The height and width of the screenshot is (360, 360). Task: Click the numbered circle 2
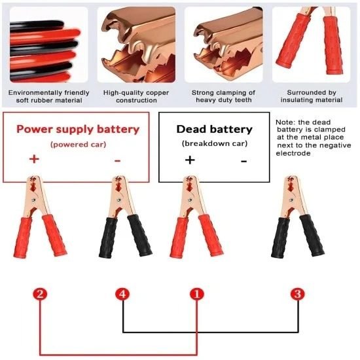(41, 294)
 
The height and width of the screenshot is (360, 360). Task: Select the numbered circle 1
(196, 294)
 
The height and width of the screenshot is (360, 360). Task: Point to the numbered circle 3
(298, 294)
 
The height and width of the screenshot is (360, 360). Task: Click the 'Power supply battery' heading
(78, 129)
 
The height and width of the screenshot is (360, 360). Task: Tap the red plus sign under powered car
(34, 159)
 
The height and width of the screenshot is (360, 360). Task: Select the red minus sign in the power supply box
(117, 159)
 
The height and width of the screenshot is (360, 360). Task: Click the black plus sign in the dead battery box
(190, 160)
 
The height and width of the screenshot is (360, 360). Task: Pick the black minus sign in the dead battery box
(243, 160)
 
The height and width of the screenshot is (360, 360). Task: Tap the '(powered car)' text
(77, 143)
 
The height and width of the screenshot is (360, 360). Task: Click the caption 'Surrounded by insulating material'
(306, 96)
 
